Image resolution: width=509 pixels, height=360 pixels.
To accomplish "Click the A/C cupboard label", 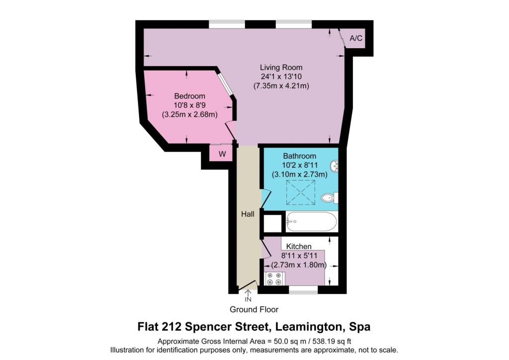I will pos(356,38).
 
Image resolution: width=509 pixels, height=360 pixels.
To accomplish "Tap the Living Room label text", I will pos(281,68).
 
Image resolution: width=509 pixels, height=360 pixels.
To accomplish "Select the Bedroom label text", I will pos(189,96).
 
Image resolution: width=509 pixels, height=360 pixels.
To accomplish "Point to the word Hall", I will pos(248,214).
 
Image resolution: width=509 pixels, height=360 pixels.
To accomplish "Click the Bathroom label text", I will pos(299,156).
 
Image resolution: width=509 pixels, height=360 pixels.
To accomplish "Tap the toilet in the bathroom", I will pos(329,198).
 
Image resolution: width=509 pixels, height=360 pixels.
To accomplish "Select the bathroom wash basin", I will pos(335,165).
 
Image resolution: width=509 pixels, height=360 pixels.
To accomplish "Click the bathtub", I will pos(312,221).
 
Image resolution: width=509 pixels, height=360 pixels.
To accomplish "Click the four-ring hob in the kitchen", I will pos(274,279).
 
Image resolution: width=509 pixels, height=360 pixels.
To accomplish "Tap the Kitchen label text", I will pos(299,246).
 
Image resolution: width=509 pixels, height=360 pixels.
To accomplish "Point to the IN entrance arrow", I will pos(248,296).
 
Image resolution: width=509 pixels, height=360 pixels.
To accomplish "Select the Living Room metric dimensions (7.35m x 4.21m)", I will pos(281,86).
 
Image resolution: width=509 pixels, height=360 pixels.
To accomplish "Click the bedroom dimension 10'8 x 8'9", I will pos(189,105).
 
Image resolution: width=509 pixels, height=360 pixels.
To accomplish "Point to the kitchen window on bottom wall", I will pos(303,289).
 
